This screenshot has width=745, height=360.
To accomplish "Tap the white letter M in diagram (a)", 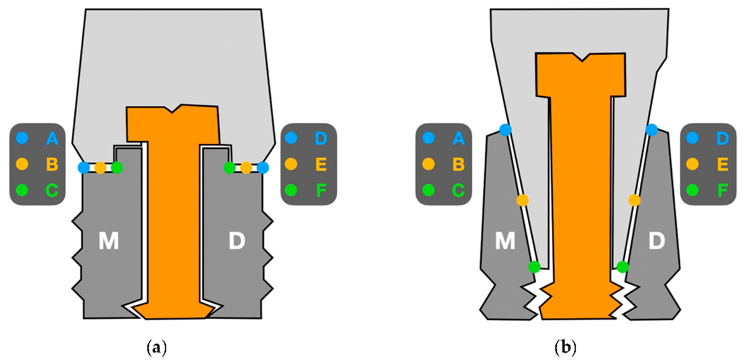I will (x=109, y=241).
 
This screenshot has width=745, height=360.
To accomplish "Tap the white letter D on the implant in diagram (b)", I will (x=657, y=241).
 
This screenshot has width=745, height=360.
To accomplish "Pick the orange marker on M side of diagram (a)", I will (x=100, y=168).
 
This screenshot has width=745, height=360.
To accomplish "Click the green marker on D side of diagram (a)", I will (x=230, y=168).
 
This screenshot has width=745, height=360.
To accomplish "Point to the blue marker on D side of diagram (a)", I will (x=263, y=168).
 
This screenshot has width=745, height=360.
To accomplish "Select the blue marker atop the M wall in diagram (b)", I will (x=505, y=130).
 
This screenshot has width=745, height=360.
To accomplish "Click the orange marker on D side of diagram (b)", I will (x=634, y=200).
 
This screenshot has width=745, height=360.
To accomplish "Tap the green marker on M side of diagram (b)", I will (x=534, y=267).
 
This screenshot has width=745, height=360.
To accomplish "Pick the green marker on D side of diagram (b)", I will (x=622, y=267).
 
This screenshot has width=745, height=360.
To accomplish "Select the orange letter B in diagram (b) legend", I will (x=458, y=164).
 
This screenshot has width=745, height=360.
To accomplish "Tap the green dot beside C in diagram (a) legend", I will (x=22, y=190).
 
